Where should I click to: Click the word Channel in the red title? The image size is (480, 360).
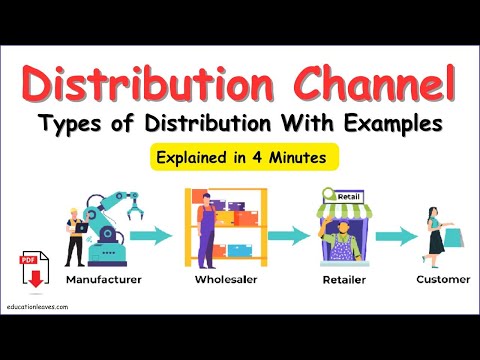tap(369, 85)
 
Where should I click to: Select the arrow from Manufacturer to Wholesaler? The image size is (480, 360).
tap(149, 236)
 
